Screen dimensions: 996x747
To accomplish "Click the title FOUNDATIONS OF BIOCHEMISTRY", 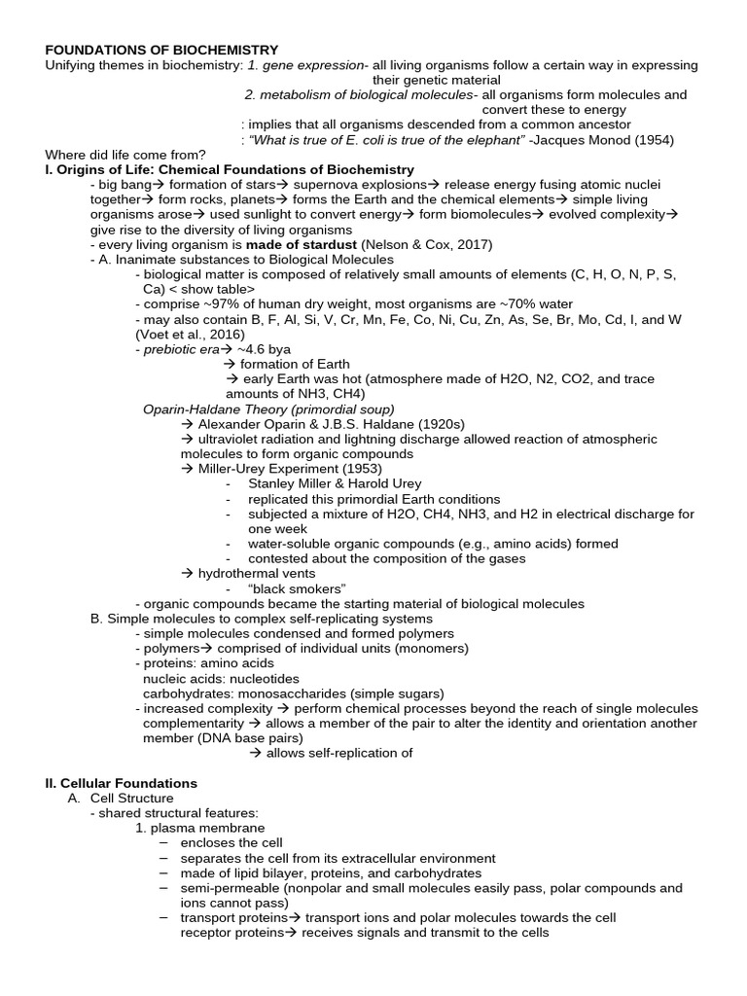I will pyautogui.click(x=161, y=50).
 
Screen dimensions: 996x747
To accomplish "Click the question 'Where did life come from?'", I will pyautogui.click(x=125, y=155).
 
